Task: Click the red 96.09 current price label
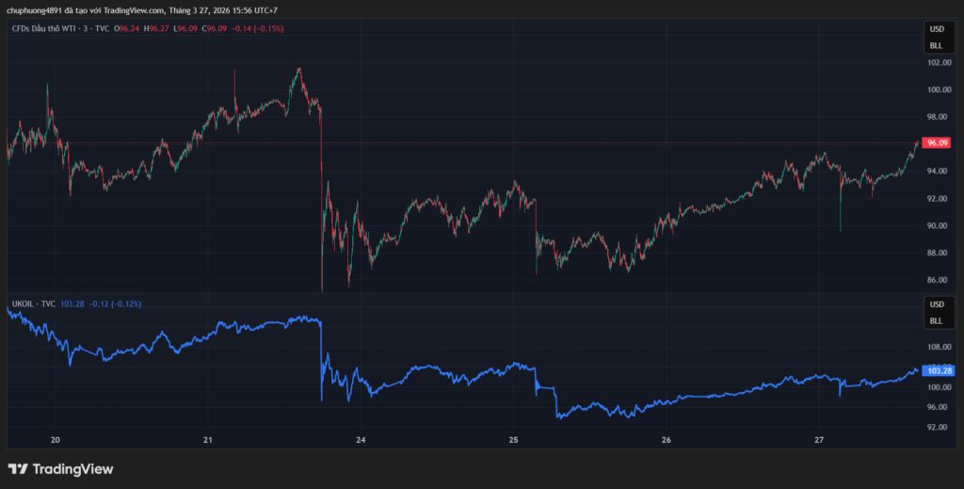tap(937, 143)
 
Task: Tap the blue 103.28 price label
tap(937, 370)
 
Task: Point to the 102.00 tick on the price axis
tap(937, 63)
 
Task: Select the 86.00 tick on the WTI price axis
tap(937, 280)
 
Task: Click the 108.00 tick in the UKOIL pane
tap(937, 347)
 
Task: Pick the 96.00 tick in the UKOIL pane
tap(937, 407)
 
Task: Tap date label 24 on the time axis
tap(361, 440)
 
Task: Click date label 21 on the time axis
tap(208, 440)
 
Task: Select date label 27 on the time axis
tap(819, 440)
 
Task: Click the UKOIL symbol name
tap(23, 304)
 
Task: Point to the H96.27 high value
tap(156, 28)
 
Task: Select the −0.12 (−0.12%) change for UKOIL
tap(115, 304)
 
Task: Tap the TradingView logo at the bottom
tap(60, 468)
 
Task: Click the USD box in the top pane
tap(936, 28)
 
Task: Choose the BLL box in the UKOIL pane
tap(936, 320)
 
